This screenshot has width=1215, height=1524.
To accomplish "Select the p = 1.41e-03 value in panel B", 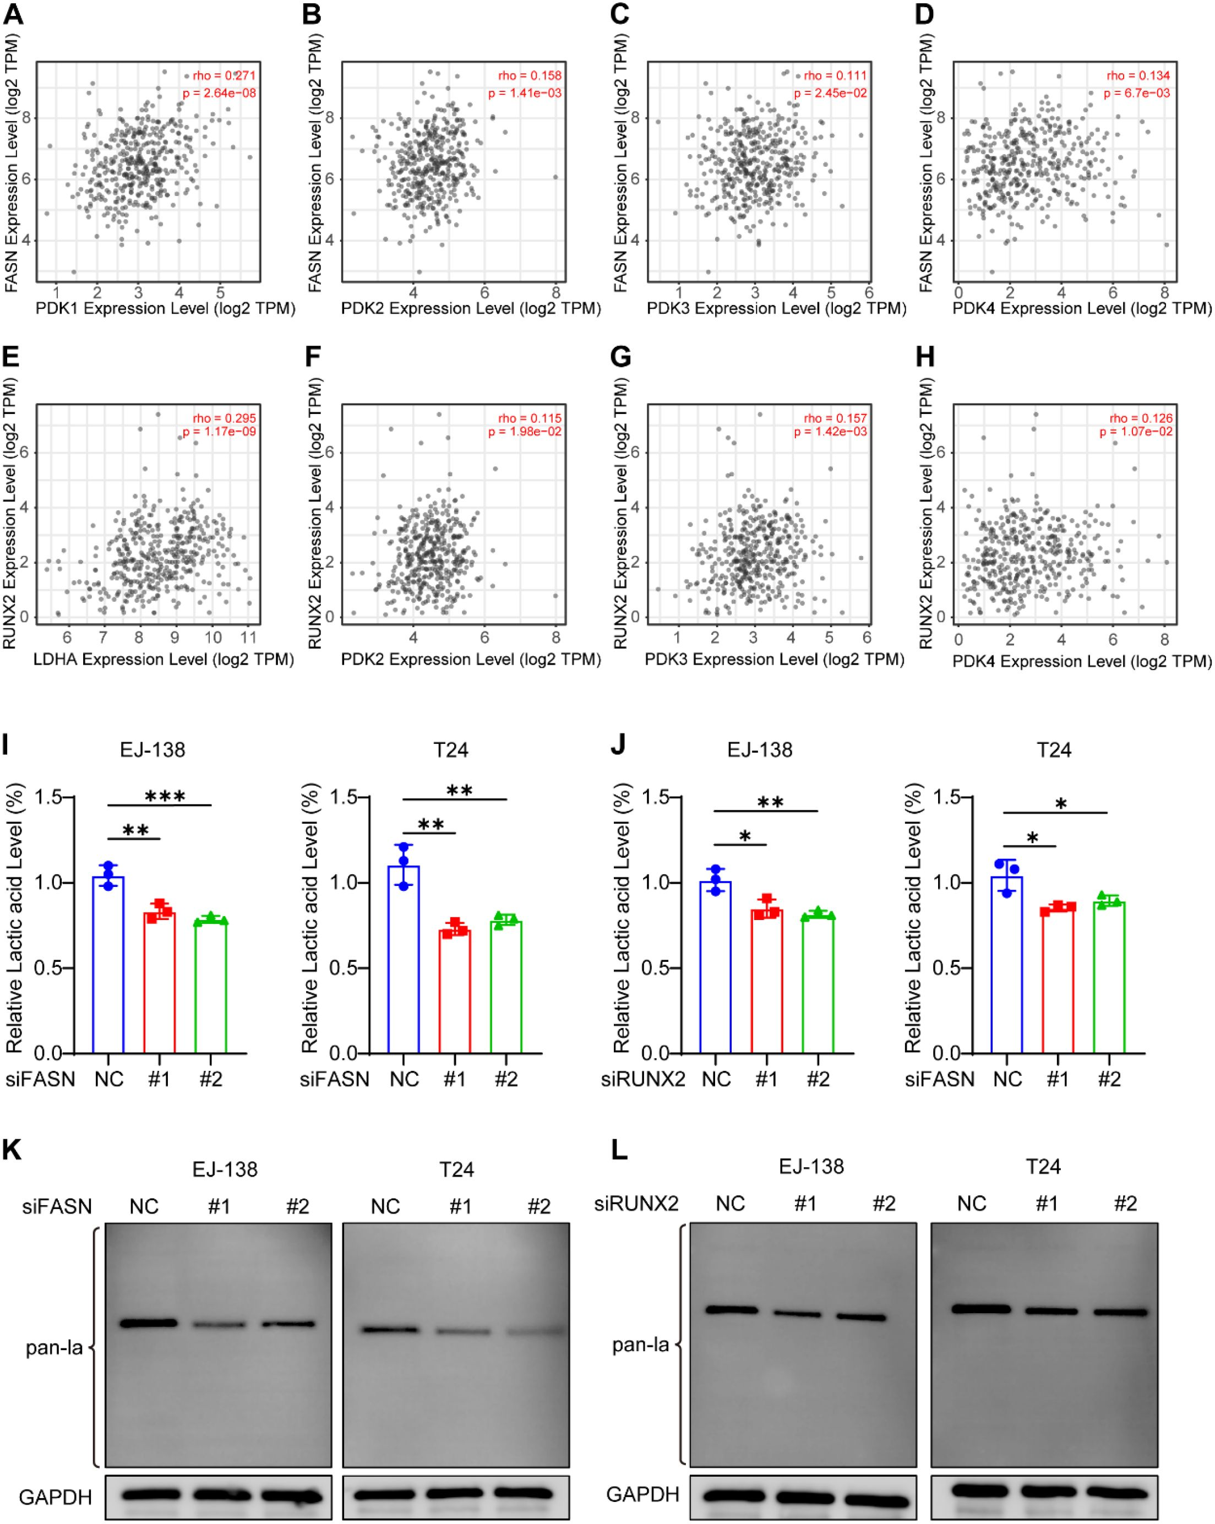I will [525, 92].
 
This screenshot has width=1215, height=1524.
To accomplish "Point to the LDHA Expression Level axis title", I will [164, 659].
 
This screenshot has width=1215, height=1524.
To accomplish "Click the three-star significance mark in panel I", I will [165, 797].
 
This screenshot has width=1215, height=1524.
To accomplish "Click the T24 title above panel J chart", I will [1053, 749].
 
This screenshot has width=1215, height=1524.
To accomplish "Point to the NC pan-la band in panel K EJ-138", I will [148, 1323].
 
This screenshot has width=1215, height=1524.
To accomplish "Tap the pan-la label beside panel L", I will [640, 1345].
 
